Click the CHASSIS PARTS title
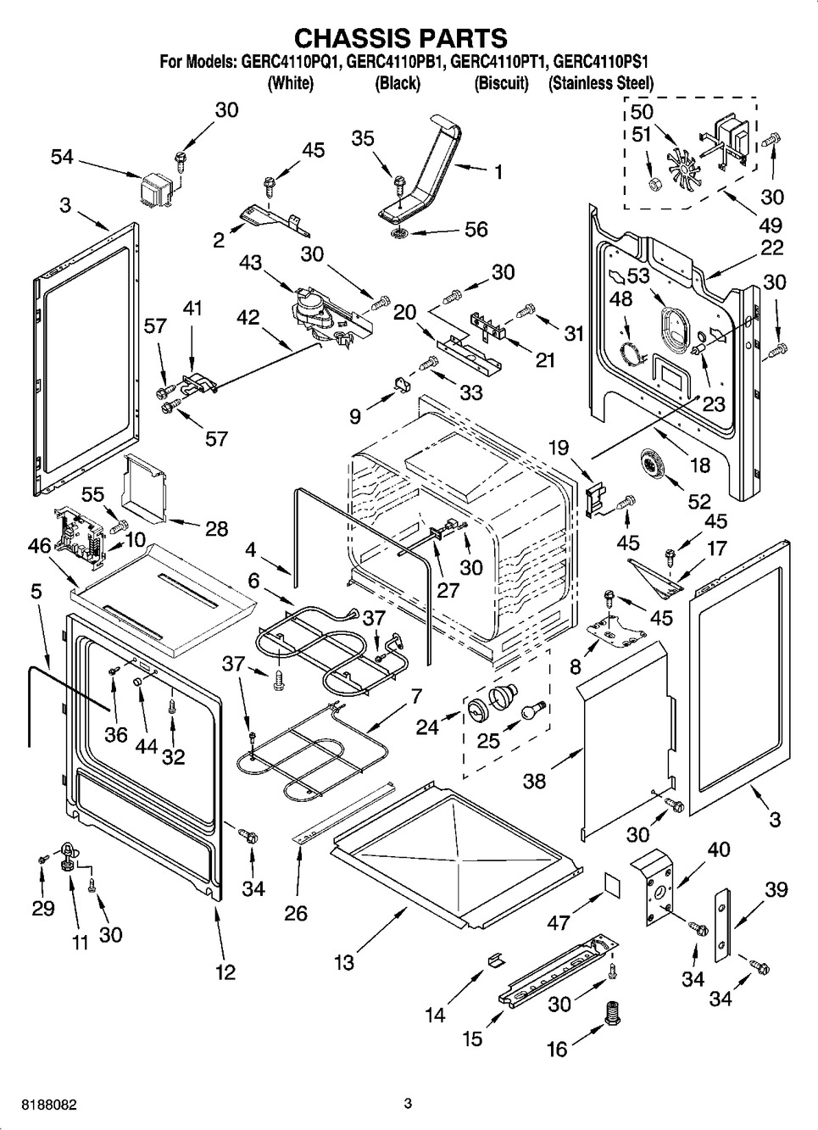click(x=400, y=38)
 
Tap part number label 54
click(x=61, y=157)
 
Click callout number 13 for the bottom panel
click(x=343, y=962)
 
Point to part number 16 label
click(x=556, y=1049)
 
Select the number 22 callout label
click(x=771, y=248)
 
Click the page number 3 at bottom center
click(x=408, y=1103)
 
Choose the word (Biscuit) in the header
click(x=501, y=83)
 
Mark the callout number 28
click(x=216, y=528)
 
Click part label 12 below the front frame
click(x=225, y=972)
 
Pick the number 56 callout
click(x=476, y=229)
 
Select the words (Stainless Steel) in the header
click(x=600, y=83)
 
